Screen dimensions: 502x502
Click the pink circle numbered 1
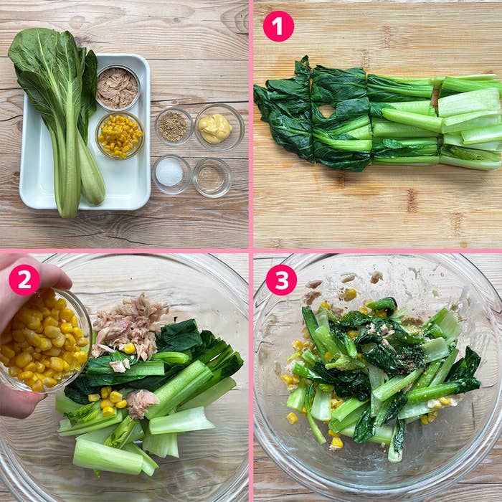[278, 26]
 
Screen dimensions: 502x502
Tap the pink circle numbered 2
[24, 280]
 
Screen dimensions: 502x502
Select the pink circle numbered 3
[281, 280]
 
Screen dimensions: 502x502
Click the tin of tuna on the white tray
[118, 87]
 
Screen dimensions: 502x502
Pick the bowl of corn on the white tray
[120, 136]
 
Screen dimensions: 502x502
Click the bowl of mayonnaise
[219, 128]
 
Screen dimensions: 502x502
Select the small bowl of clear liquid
[212, 177]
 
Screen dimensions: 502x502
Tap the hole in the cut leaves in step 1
[326, 111]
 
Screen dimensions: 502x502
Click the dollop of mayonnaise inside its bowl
[215, 128]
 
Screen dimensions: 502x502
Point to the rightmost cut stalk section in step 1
[470, 122]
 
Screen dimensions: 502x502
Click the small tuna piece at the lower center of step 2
[141, 403]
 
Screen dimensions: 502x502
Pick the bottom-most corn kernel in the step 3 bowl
[337, 443]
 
